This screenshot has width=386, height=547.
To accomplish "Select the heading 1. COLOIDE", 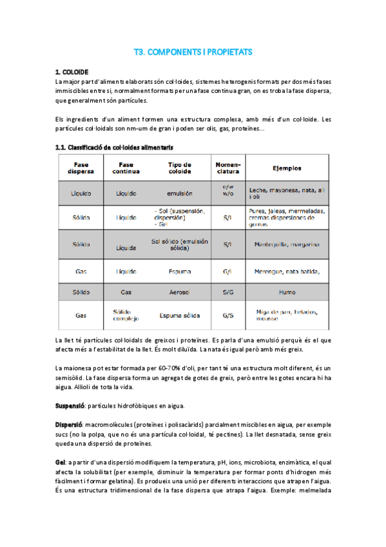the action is (x=72, y=72).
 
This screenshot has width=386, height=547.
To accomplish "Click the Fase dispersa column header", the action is (x=81, y=168).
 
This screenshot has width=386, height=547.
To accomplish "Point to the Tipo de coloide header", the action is (x=179, y=168).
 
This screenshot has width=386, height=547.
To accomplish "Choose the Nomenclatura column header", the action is (x=228, y=168).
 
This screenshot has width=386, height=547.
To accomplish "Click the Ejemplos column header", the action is (x=286, y=168).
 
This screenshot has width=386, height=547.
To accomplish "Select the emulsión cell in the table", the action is (x=179, y=193).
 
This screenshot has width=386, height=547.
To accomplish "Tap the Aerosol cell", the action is (x=179, y=292).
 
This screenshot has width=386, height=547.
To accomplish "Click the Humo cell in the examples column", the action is (x=287, y=292).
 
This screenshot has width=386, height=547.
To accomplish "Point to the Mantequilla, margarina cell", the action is (x=287, y=245).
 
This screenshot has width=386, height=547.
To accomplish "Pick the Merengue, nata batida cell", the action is (x=287, y=272).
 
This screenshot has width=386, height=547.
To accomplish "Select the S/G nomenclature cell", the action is (x=228, y=292).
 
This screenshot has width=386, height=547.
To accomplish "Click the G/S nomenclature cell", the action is (x=228, y=316).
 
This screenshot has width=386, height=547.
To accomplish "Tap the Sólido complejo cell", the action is (x=126, y=316).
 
